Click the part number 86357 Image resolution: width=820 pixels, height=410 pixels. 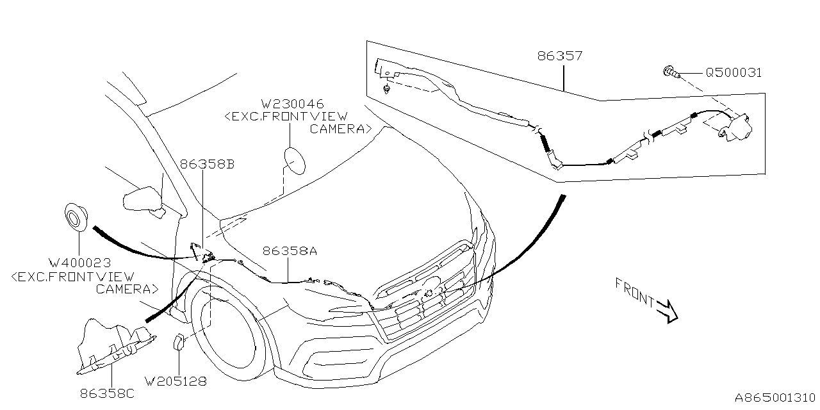[561, 56]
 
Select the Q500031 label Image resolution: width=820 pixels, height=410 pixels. [734, 73]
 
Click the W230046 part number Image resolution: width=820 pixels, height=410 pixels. [291, 104]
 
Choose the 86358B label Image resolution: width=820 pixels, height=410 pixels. [207, 165]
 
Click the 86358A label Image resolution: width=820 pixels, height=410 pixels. [289, 252]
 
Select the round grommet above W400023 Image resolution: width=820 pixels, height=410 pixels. [77, 216]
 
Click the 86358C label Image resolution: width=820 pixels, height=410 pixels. [107, 394]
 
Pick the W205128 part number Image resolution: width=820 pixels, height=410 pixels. [176, 381]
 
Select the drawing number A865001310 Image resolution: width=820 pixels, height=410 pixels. [774, 397]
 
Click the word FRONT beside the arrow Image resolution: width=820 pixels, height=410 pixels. [634, 291]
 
